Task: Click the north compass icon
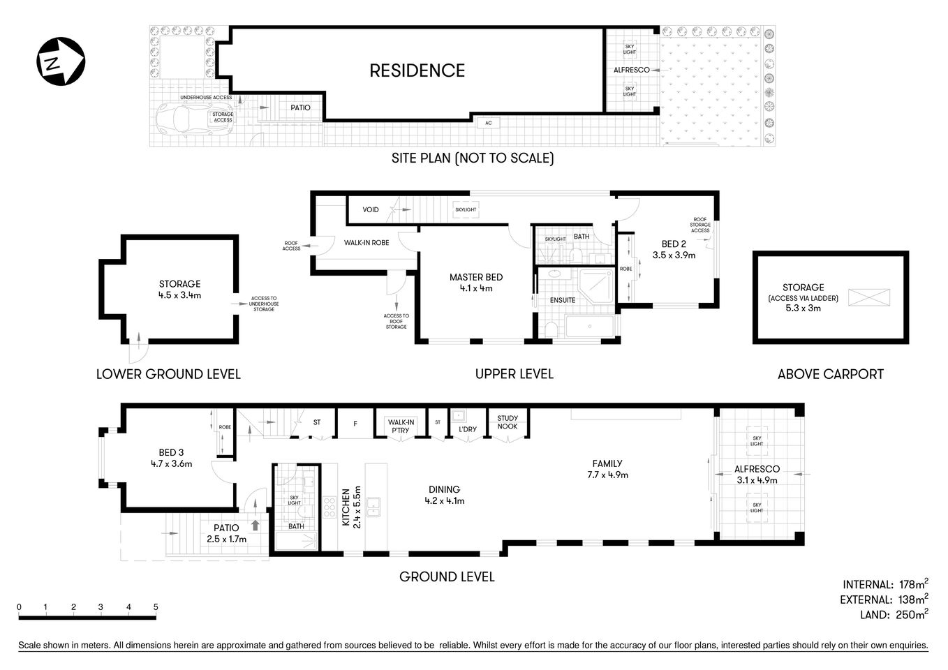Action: tap(60, 61)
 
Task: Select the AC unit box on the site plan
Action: tap(489, 123)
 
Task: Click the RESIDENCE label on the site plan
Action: tap(417, 70)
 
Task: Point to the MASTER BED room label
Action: tap(475, 277)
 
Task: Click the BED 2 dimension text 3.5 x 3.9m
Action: tap(674, 255)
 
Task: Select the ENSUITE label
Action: tap(563, 300)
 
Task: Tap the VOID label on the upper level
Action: tap(371, 209)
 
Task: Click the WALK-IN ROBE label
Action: tap(366, 243)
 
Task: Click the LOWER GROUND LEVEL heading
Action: tap(168, 374)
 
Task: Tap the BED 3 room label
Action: tap(171, 452)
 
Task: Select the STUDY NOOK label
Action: tap(508, 422)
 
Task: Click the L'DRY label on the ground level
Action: tap(467, 429)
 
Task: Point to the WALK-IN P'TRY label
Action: tap(401, 426)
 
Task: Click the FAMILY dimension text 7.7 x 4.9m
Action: tap(607, 475)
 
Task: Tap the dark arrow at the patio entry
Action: tap(255, 525)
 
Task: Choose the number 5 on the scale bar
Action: tap(156, 606)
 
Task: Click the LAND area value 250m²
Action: tap(907, 614)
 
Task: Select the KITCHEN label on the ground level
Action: tap(345, 507)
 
